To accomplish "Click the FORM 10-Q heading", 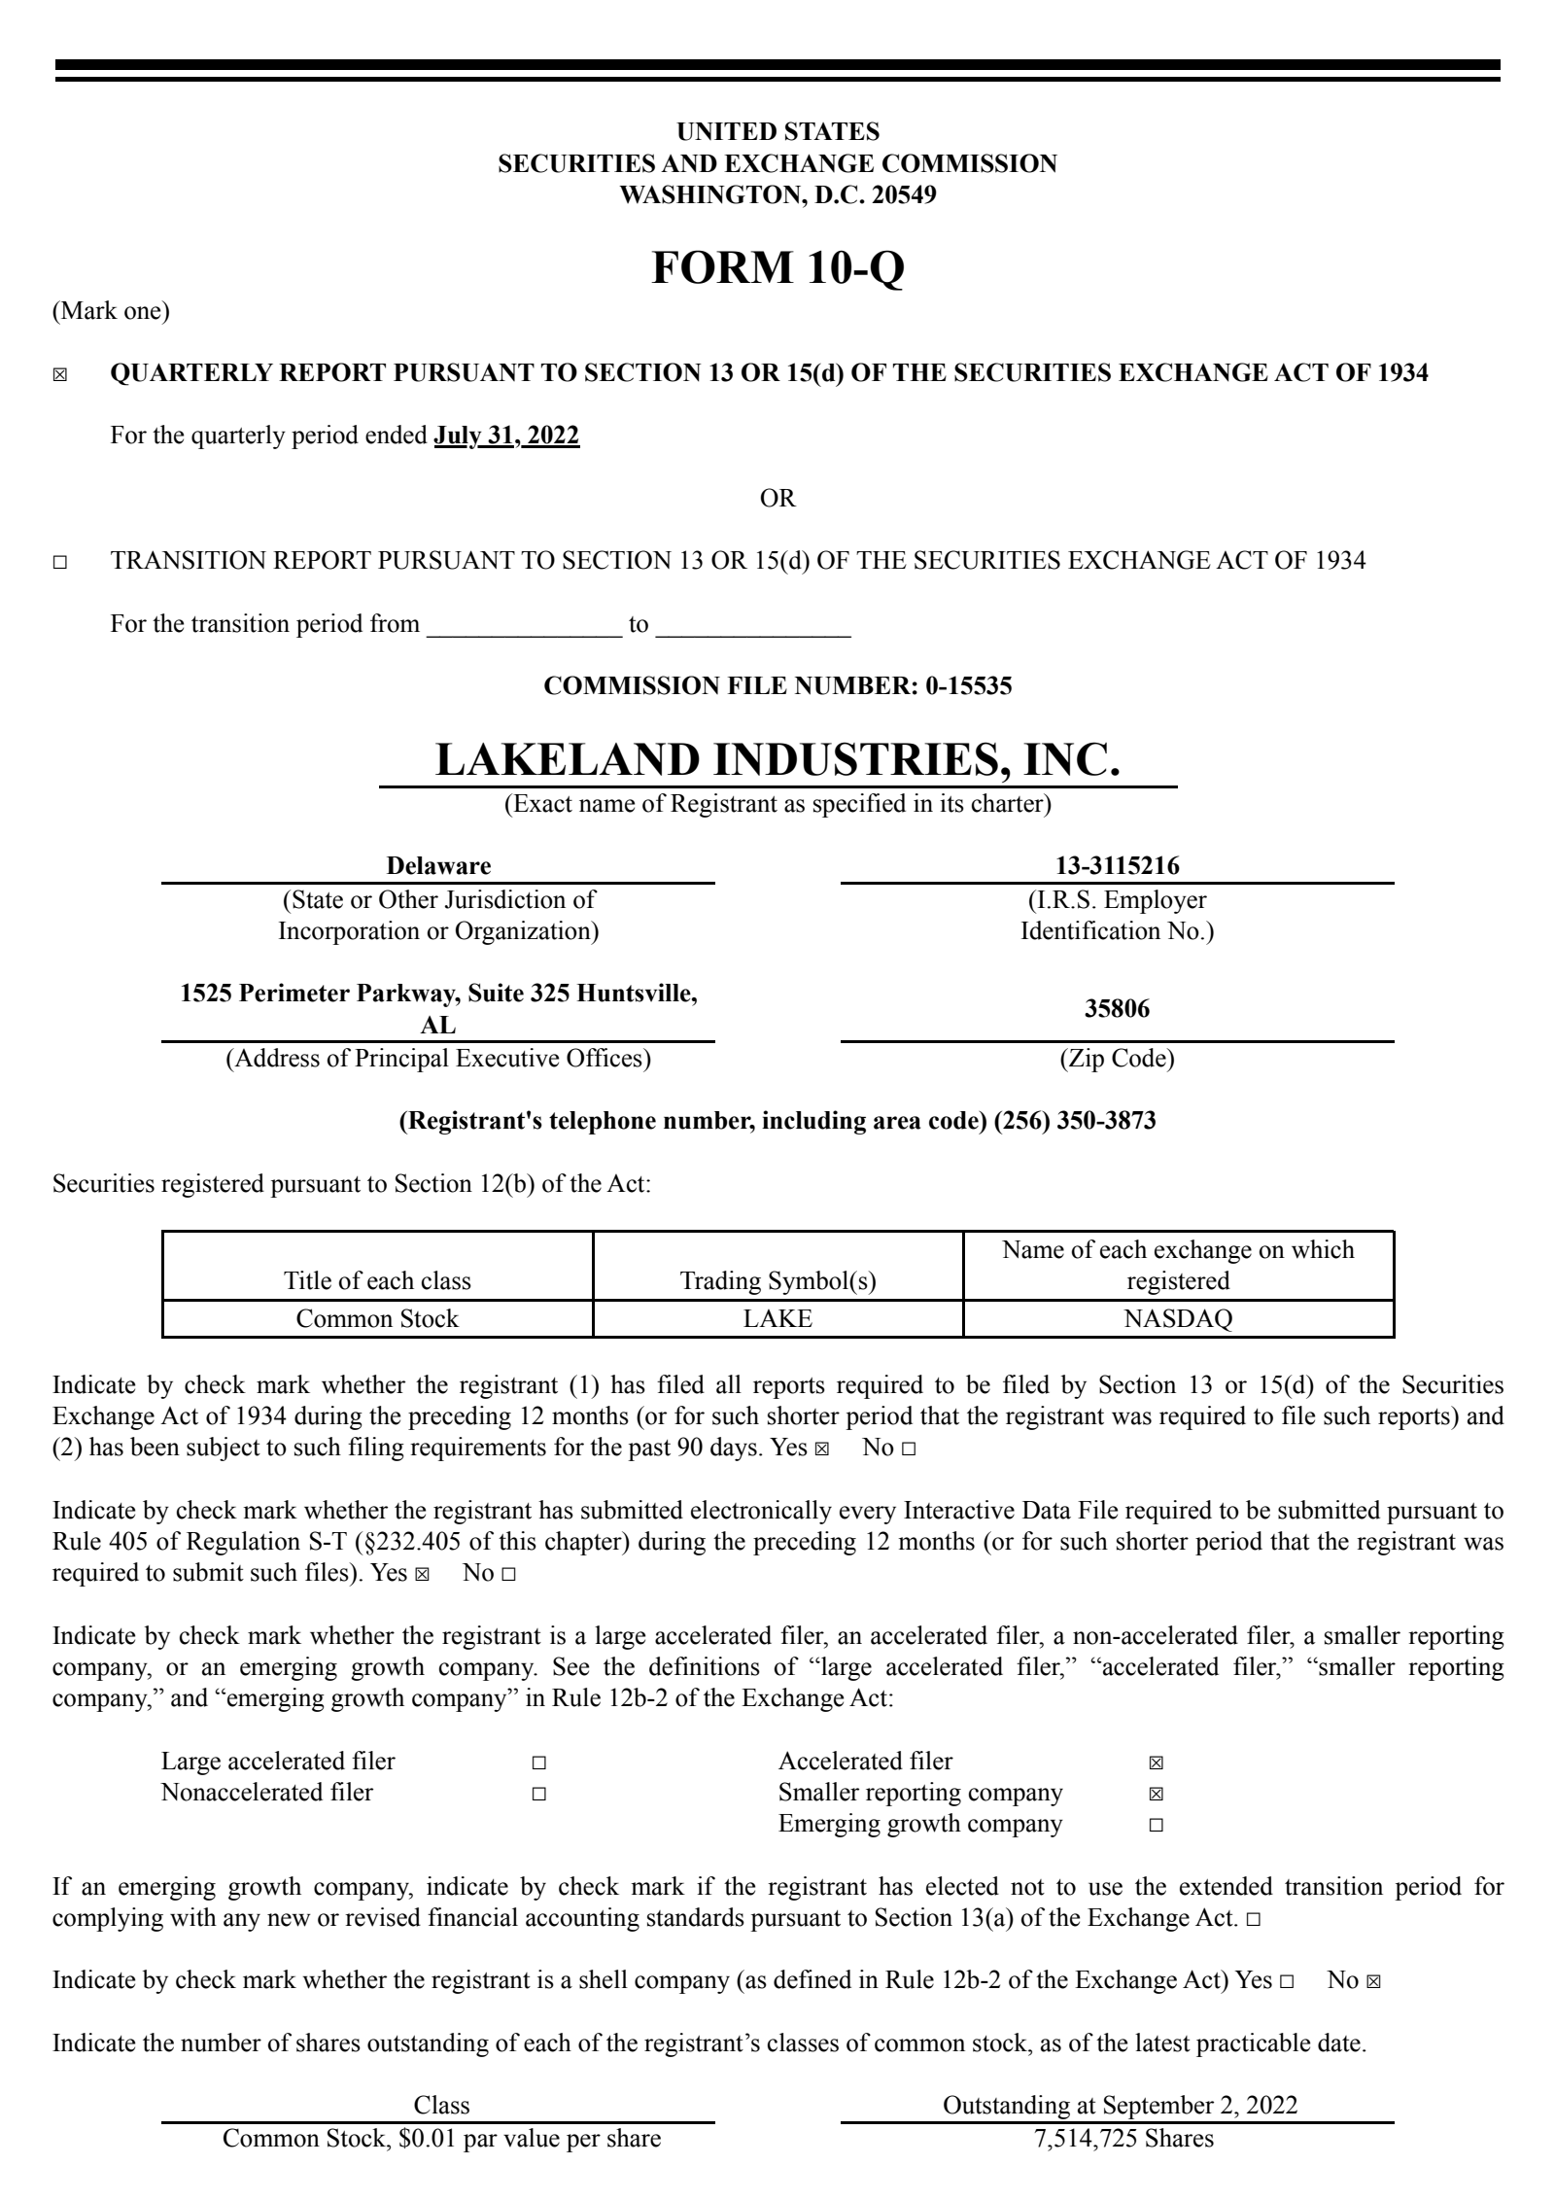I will point(777,267).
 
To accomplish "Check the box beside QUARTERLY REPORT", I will point(60,375).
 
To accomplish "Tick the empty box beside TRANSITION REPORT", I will point(60,562).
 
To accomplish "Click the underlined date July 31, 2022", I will point(506,436).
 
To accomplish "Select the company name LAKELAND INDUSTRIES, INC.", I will point(777,759).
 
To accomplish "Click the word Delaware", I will point(438,865).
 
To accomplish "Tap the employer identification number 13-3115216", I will point(1117,865).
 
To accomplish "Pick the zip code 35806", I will point(1117,1008).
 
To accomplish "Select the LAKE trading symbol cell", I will point(777,1318).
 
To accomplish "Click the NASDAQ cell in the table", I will point(1178,1318).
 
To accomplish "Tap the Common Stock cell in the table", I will point(377,1318).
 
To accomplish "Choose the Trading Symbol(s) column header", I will point(777,1280).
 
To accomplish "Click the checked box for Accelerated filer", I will point(1156,1763).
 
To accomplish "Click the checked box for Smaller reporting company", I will point(1156,1794).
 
